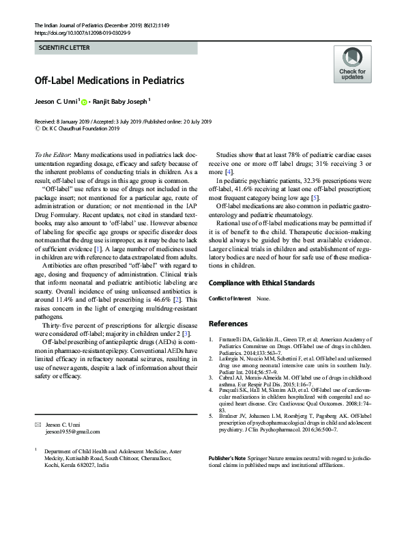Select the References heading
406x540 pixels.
229,323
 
